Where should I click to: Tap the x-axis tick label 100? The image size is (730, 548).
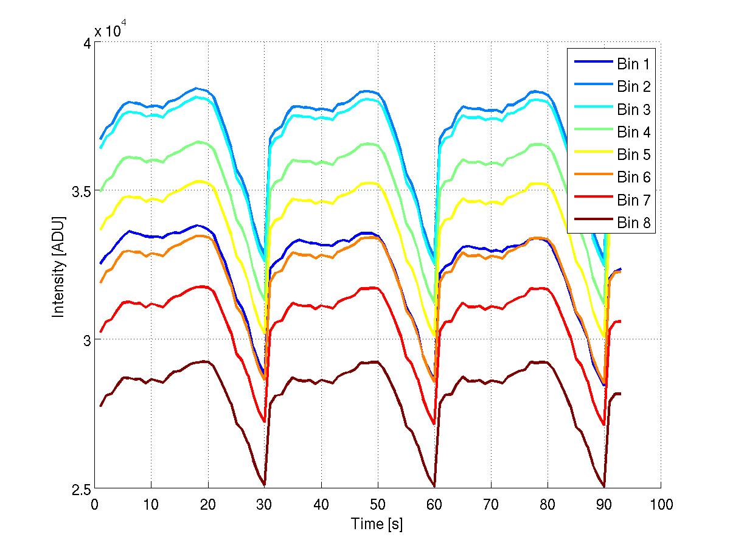(x=661, y=504)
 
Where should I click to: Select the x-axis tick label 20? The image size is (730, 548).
(x=207, y=504)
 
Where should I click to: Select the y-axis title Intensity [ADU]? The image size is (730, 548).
(x=59, y=266)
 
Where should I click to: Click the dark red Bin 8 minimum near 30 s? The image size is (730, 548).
(x=264, y=485)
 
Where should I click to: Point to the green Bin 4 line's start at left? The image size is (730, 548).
(x=101, y=190)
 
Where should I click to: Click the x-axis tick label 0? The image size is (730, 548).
(x=94, y=504)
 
